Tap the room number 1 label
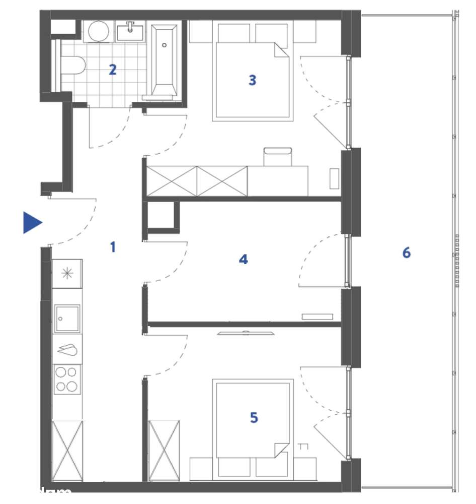tap(113, 247)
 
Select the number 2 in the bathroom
tap(113, 70)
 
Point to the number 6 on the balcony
tap(406, 253)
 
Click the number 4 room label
tap(244, 260)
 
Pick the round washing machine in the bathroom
tap(99, 32)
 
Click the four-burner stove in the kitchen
tap(67, 379)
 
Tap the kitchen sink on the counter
tap(67, 319)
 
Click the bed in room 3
tap(252, 81)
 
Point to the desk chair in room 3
tap(278, 156)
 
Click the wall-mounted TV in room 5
tap(246, 333)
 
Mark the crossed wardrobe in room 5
tap(165, 450)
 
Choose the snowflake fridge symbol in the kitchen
tap(66, 274)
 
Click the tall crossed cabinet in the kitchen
tap(67, 450)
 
